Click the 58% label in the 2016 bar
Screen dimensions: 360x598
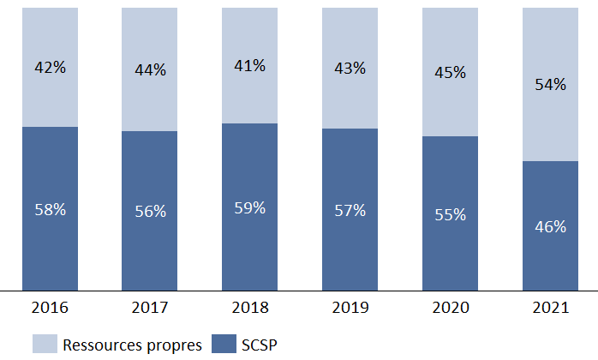click(x=50, y=210)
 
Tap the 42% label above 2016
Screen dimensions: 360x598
click(x=50, y=68)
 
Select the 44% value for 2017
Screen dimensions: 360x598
click(x=150, y=70)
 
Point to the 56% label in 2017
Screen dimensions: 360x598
click(x=150, y=212)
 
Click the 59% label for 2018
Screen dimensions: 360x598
click(x=249, y=208)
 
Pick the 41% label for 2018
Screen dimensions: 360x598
click(x=249, y=65)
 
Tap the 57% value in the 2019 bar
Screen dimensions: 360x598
click(x=350, y=211)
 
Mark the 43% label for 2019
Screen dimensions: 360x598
click(x=350, y=68)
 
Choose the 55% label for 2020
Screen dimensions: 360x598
click(x=450, y=214)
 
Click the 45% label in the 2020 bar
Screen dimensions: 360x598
click(x=450, y=73)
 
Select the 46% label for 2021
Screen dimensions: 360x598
click(x=549, y=227)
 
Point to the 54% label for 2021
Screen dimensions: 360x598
click(x=549, y=84)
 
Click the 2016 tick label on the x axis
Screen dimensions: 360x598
click(x=50, y=307)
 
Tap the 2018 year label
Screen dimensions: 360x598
click(x=249, y=307)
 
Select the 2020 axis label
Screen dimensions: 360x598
click(x=450, y=307)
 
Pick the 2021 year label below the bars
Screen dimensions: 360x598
click(x=549, y=307)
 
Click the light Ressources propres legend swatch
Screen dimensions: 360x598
click(x=45, y=345)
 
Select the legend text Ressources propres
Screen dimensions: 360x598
click(x=132, y=345)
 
